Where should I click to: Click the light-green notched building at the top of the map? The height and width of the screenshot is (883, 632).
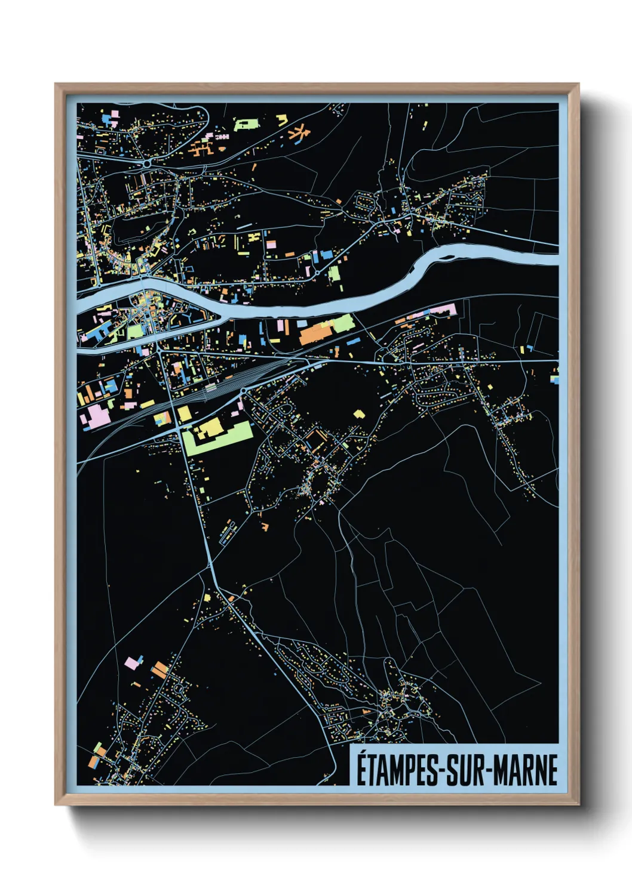point(246,125)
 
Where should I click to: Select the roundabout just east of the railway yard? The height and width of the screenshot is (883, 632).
point(244,390)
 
